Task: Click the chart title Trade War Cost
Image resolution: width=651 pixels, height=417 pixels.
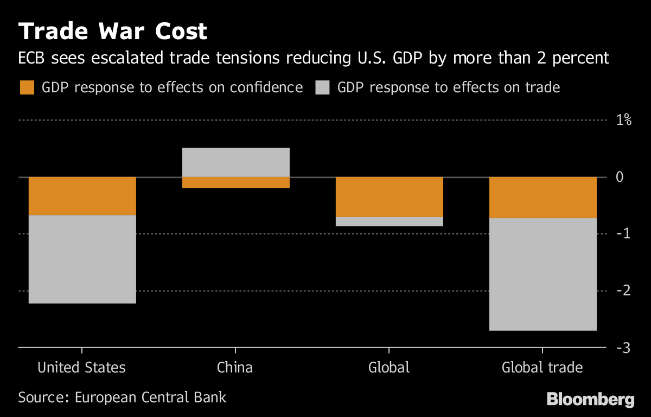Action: (113, 31)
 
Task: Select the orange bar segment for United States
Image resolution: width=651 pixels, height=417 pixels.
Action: (82, 196)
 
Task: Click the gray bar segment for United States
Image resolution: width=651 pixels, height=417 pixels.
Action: (82, 259)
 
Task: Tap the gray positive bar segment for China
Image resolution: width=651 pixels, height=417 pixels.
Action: (235, 162)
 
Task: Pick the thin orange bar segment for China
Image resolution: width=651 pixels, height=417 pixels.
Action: (235, 182)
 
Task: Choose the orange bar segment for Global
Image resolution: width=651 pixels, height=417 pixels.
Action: (389, 197)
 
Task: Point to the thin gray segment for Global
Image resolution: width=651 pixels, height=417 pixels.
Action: (389, 222)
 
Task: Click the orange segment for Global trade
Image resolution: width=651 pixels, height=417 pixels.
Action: (542, 198)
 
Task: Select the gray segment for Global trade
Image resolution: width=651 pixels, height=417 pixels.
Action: (542, 274)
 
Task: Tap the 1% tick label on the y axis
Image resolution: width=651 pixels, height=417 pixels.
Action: (624, 120)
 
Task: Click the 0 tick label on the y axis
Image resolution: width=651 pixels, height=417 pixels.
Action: (620, 177)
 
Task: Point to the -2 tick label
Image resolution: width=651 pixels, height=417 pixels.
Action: (622, 290)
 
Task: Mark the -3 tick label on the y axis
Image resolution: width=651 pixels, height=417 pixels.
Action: (622, 347)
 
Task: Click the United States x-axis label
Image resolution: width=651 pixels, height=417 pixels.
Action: (81, 368)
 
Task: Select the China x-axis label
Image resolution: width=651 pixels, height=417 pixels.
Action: (235, 368)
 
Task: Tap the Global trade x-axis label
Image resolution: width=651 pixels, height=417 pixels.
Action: (542, 368)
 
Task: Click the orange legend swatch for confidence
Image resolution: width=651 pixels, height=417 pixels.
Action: (27, 87)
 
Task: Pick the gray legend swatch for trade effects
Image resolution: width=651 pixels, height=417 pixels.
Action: (322, 87)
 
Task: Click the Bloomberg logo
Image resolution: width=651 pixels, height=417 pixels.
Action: (590, 400)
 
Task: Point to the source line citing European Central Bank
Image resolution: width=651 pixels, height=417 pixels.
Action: (122, 397)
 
